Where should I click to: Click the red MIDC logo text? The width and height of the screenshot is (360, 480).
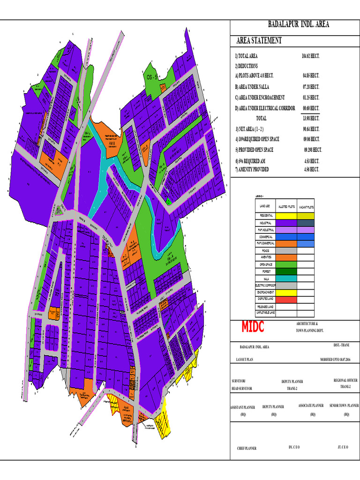(x=253, y=327)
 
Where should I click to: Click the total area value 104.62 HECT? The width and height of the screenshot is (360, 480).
(x=310, y=56)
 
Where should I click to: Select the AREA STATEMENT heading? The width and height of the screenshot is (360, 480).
(x=259, y=41)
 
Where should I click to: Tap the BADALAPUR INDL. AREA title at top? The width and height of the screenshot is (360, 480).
(x=298, y=24)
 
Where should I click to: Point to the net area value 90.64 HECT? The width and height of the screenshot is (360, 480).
(x=311, y=129)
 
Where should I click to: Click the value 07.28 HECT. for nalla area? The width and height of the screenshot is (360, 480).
(x=311, y=87)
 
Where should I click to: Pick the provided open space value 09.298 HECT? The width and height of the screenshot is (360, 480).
(x=313, y=150)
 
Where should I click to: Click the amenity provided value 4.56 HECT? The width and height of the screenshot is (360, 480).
(x=311, y=169)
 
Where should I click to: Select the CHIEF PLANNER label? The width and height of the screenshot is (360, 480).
(x=247, y=449)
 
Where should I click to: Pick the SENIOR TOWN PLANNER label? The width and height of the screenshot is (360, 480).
(x=344, y=405)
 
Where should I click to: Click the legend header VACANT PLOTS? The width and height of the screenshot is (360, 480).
(x=307, y=206)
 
